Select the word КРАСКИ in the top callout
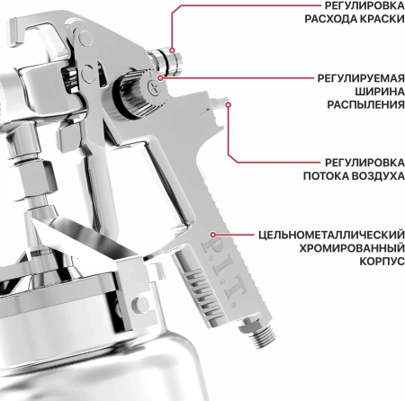379,22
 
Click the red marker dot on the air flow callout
229,105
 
